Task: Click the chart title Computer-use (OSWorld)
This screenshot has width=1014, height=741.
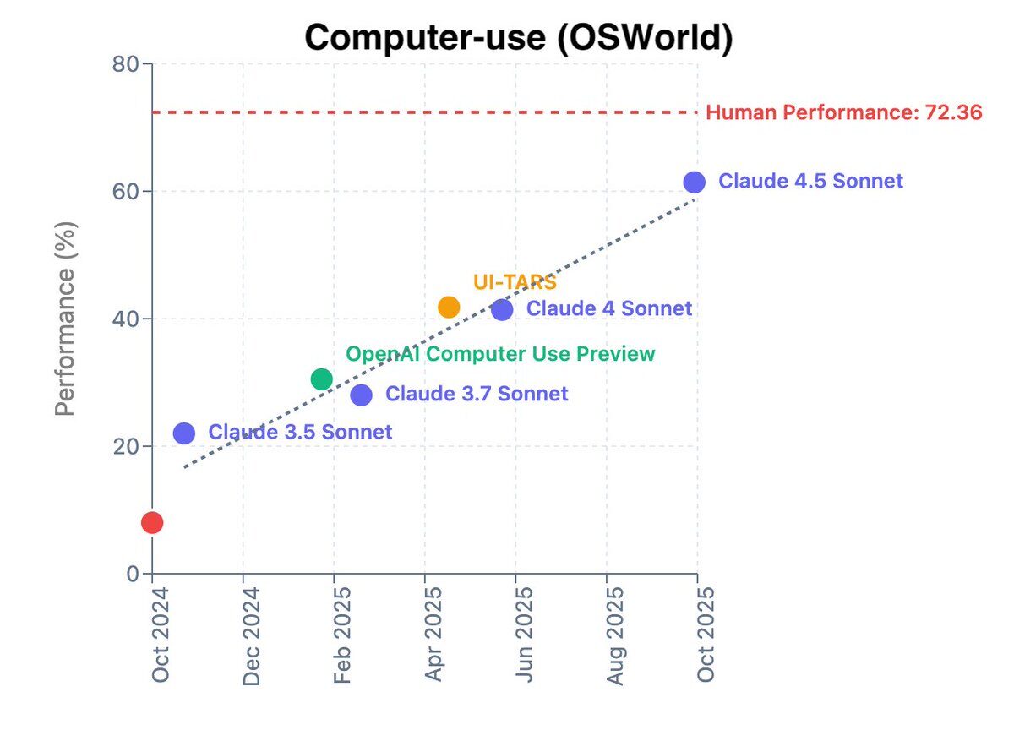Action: (x=518, y=38)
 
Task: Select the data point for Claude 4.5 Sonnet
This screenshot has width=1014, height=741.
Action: (x=694, y=182)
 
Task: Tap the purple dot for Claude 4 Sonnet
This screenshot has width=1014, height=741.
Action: (x=502, y=309)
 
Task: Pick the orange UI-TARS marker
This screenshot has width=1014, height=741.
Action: (x=449, y=308)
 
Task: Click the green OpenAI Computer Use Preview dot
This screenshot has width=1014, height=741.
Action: (x=321, y=379)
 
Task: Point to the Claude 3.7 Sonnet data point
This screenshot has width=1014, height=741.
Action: (x=361, y=395)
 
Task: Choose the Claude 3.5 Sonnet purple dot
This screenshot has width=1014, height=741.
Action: (x=184, y=433)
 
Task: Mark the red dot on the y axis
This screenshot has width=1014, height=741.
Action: (x=152, y=523)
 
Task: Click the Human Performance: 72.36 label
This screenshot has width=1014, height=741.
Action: (x=843, y=112)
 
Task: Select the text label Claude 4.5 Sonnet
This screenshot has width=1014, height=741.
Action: (x=810, y=182)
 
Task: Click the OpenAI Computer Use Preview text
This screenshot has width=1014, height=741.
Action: (x=500, y=354)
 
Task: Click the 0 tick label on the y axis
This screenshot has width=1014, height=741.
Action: (x=133, y=575)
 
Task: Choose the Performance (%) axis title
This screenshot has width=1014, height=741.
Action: (x=66, y=319)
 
